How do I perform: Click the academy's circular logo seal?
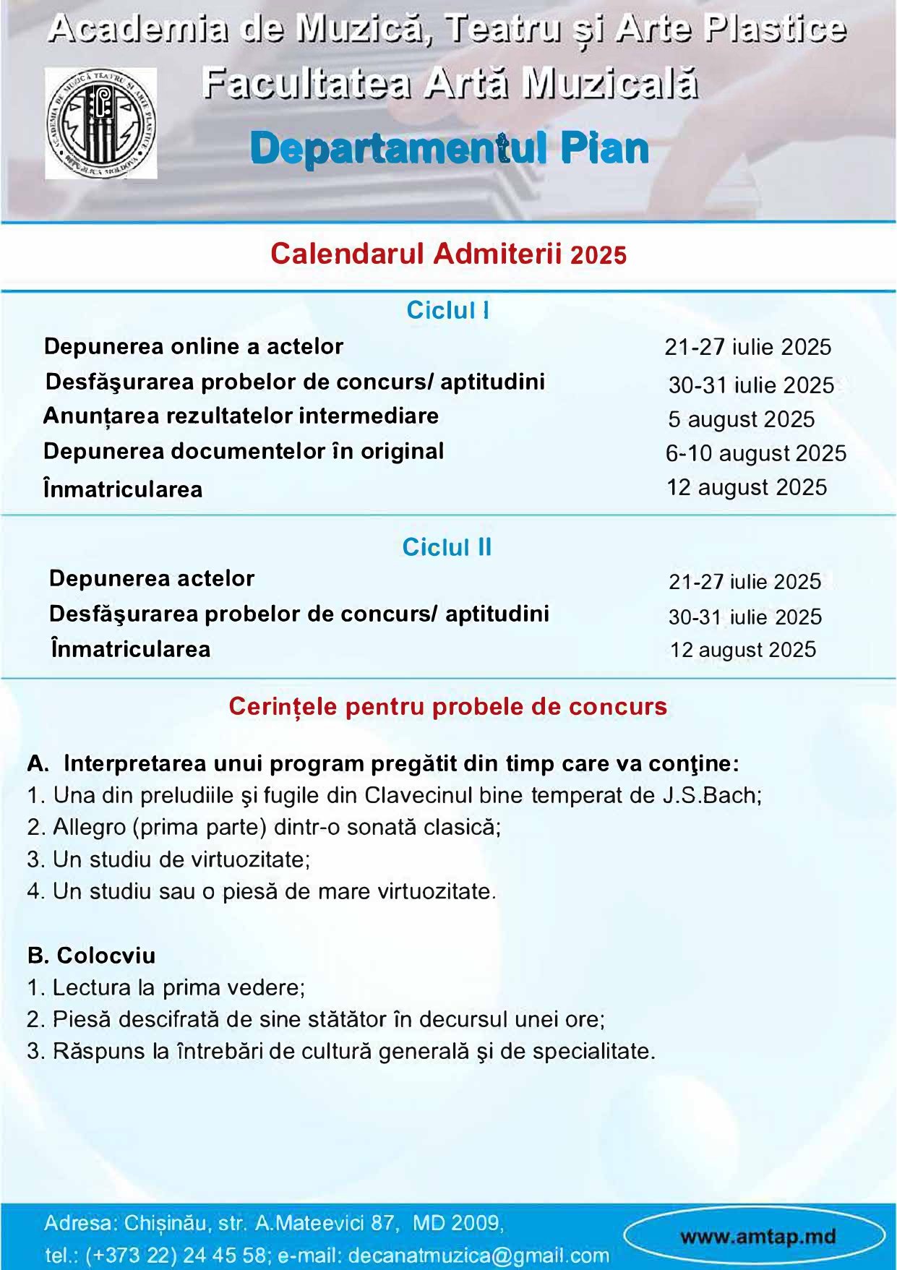click(x=101, y=124)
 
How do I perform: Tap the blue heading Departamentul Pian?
click(x=449, y=149)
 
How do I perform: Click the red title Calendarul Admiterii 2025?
click(x=448, y=254)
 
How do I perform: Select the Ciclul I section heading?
click(x=447, y=310)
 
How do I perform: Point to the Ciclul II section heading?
click(x=447, y=547)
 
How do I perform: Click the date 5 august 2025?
click(x=741, y=419)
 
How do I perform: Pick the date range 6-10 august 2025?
click(x=755, y=453)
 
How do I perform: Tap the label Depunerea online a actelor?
click(x=194, y=346)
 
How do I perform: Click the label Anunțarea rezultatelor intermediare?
click(x=241, y=416)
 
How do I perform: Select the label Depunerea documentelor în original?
click(x=244, y=451)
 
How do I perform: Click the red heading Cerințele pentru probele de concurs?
click(x=447, y=706)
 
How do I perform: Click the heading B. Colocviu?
click(x=91, y=956)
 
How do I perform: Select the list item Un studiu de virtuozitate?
click(x=181, y=859)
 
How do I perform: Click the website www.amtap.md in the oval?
click(x=757, y=1236)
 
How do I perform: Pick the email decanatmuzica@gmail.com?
click(x=478, y=1256)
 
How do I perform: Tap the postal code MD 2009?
click(x=457, y=1223)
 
